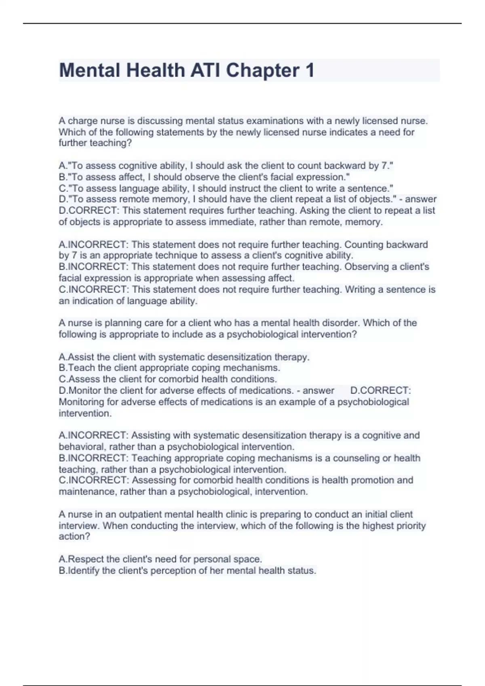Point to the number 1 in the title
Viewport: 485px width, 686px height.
tap(310, 71)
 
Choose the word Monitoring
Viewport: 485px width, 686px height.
tap(82, 402)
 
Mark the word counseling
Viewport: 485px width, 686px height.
tap(357, 458)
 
